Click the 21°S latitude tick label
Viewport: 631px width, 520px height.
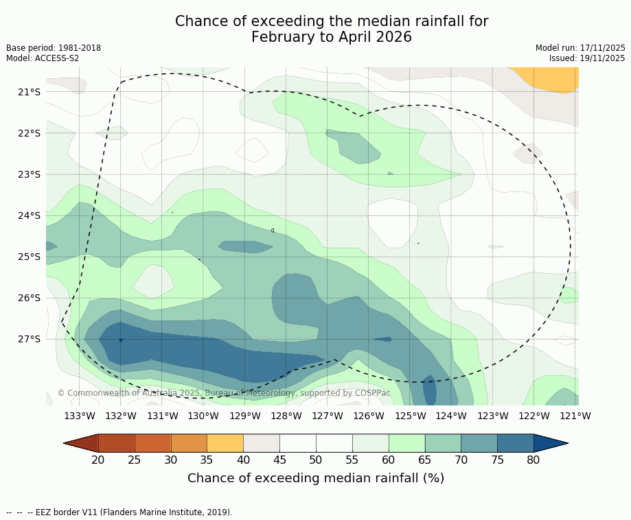[30, 92]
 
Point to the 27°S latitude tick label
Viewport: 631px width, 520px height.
[30, 339]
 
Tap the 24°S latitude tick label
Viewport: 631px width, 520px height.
[30, 215]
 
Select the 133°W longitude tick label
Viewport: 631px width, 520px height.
[80, 416]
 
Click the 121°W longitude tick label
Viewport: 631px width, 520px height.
[575, 416]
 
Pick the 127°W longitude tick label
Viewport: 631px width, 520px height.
[328, 416]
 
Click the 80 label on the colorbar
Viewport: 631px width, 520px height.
[534, 460]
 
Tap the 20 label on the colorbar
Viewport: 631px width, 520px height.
[98, 460]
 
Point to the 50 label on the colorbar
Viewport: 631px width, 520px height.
[316, 460]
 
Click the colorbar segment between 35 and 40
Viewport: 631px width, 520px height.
[225, 443]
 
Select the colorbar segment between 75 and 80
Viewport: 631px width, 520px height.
[515, 443]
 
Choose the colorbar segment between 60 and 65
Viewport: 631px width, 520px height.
[406, 443]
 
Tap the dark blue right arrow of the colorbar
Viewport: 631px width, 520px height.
[549, 443]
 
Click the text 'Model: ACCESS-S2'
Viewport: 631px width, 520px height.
[43, 58]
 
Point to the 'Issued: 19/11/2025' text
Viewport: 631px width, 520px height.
[587, 58]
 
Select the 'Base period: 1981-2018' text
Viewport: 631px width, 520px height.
[54, 48]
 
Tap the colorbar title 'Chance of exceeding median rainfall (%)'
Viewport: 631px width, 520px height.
[316, 478]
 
